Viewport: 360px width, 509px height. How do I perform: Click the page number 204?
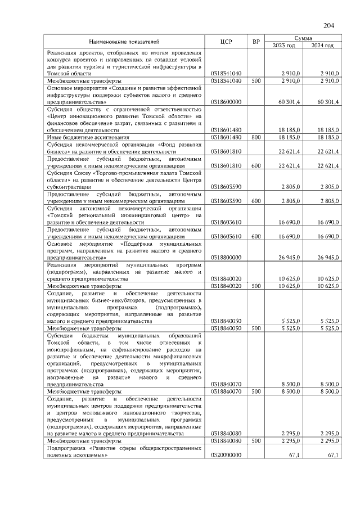tap(329, 24)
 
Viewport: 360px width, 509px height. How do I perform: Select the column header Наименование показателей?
tap(124, 42)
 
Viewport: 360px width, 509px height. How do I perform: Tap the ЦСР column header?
tap(227, 42)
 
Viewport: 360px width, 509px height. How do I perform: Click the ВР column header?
tap(256, 42)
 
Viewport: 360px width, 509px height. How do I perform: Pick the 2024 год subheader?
tap(322, 46)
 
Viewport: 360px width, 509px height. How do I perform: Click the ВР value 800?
tap(256, 137)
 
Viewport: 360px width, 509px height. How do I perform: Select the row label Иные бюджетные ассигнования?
tap(88, 137)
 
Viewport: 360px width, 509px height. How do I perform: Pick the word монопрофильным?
tap(72, 349)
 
